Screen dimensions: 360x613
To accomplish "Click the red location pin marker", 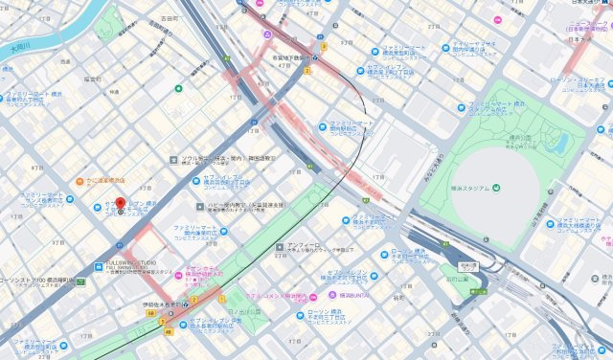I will (121, 205).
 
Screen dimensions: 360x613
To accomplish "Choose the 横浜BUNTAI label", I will (355, 294).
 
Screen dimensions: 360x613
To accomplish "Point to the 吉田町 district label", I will (170, 18).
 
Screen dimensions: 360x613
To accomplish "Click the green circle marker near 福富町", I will (178, 89).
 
